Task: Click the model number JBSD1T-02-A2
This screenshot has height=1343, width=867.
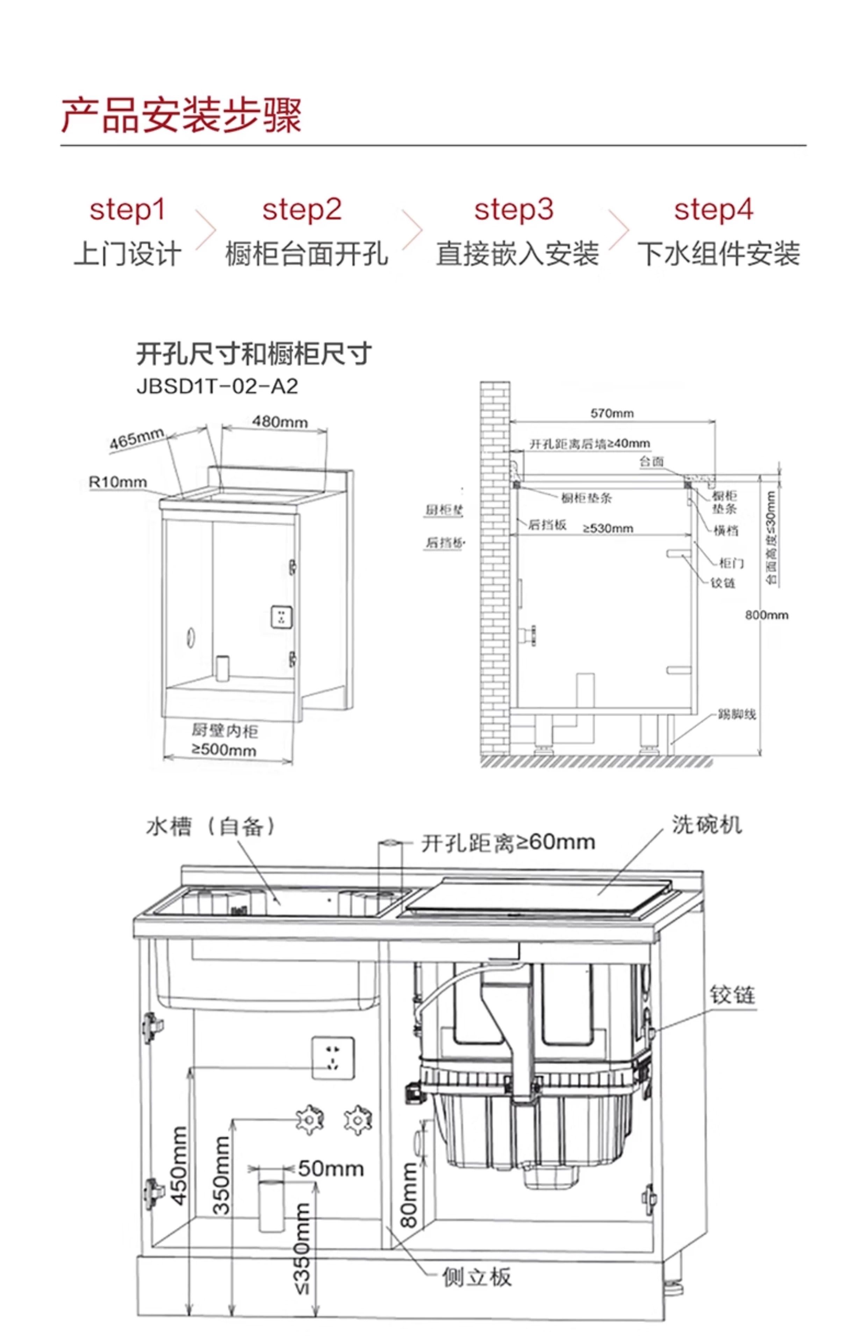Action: (217, 386)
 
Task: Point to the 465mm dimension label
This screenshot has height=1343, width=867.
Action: (137, 439)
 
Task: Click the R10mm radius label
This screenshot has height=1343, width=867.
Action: (118, 482)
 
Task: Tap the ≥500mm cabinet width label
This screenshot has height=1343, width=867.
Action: (224, 749)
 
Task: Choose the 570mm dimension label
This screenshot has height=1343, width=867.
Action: (612, 413)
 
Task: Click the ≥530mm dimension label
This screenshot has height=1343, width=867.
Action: (608, 528)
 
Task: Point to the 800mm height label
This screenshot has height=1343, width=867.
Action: (766, 615)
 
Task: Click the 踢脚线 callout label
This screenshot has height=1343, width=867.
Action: (736, 714)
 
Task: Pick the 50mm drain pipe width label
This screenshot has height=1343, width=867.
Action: (330, 1168)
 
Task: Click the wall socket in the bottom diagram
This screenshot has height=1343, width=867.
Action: (333, 1058)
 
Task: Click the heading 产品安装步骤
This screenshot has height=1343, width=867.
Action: (181, 115)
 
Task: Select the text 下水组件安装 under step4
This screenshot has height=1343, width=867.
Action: (718, 254)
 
